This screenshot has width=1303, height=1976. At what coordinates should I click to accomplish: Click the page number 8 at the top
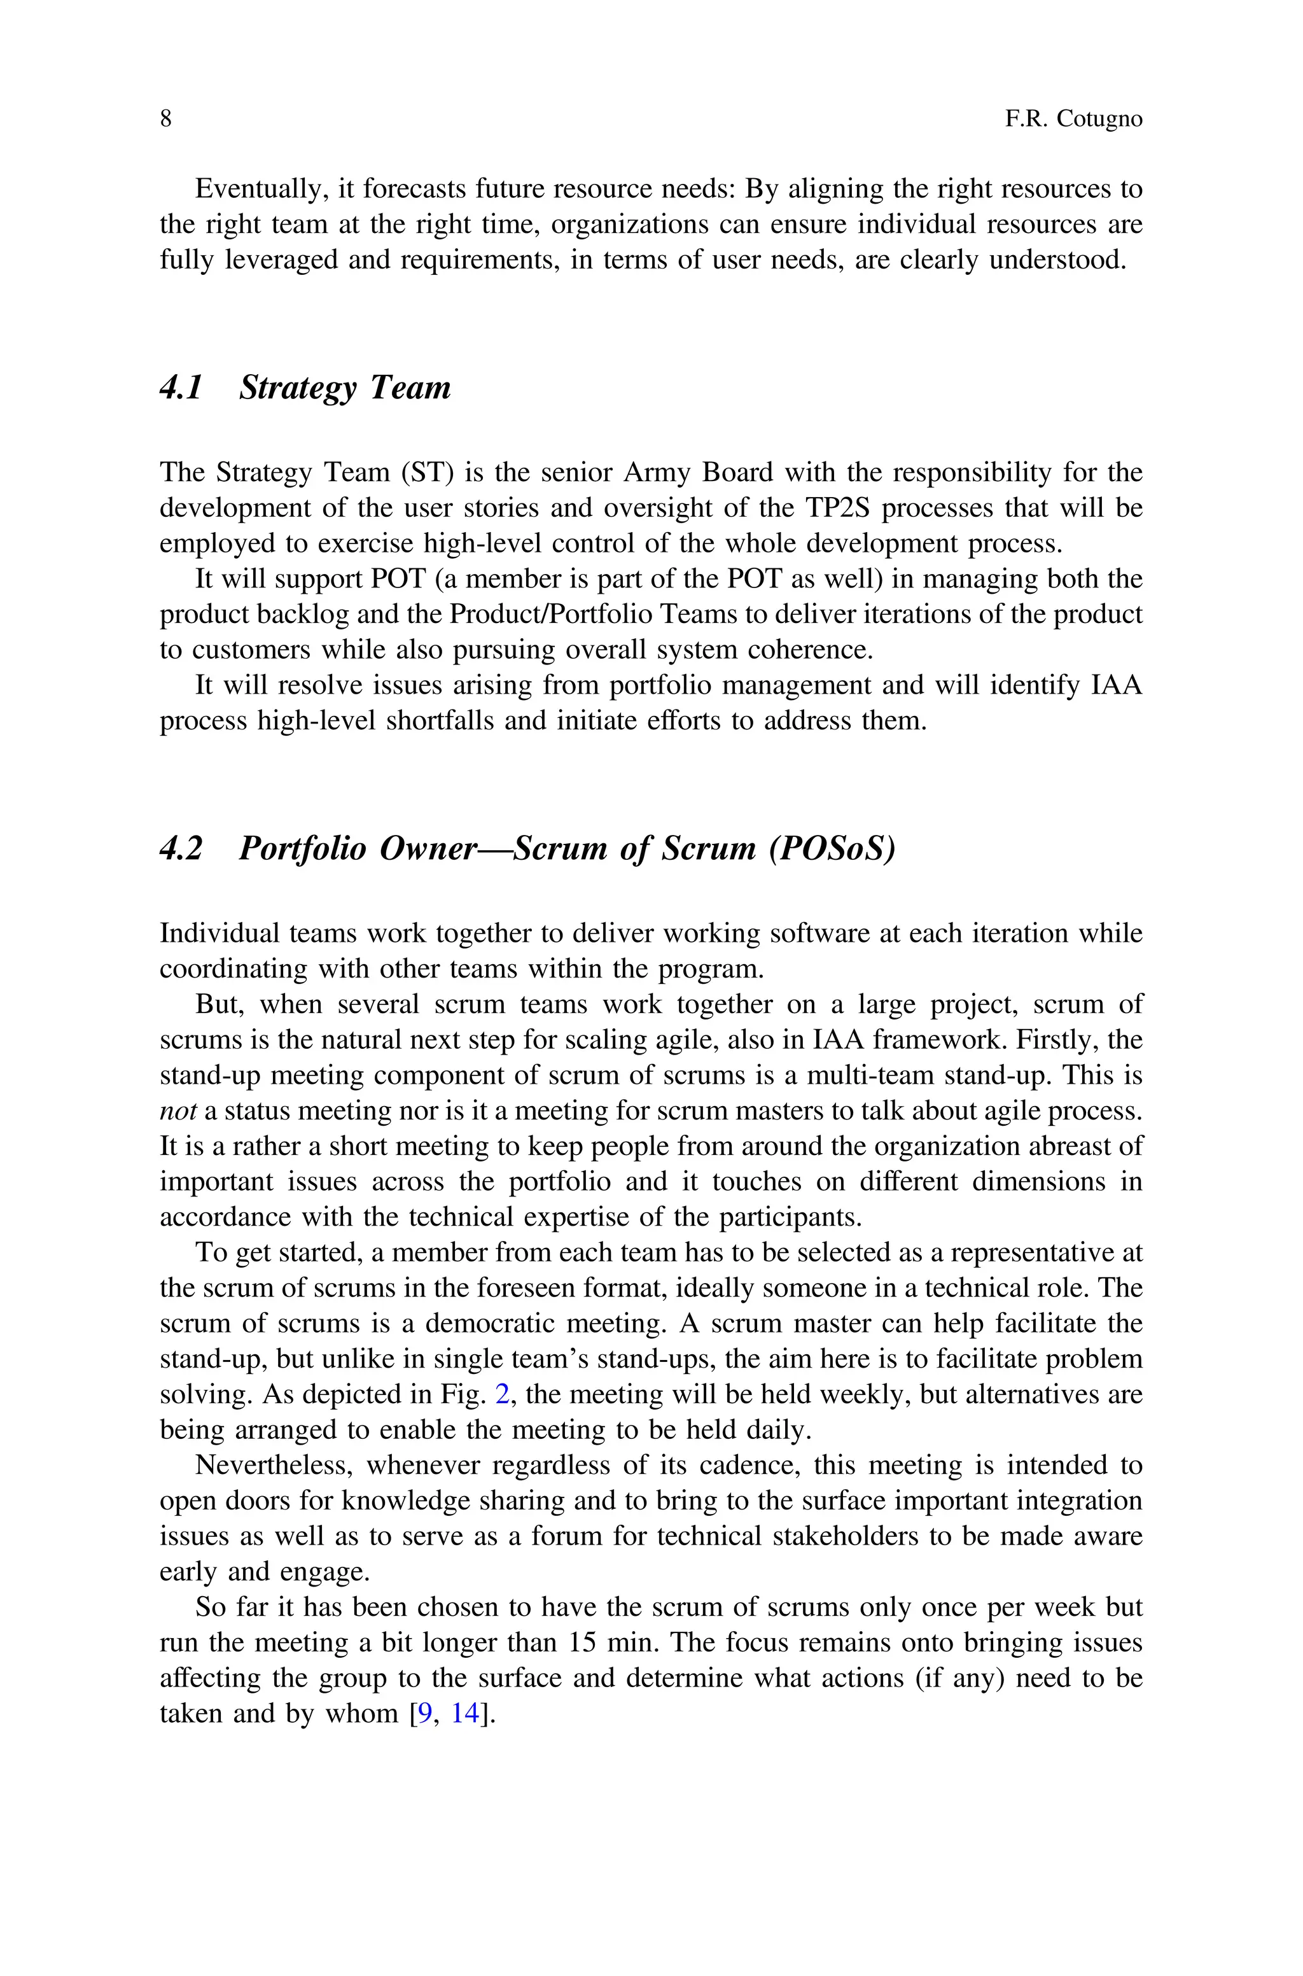pyautogui.click(x=165, y=120)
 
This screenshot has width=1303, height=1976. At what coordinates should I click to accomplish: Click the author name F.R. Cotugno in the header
pyautogui.click(x=1074, y=120)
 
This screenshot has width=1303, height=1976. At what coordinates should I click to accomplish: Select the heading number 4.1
pyautogui.click(x=181, y=388)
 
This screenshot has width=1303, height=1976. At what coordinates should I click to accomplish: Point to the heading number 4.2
pyautogui.click(x=181, y=848)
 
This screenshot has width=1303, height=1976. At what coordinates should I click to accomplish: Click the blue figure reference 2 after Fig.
pyautogui.click(x=502, y=1394)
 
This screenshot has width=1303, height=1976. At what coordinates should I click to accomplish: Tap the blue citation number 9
pyautogui.click(x=424, y=1713)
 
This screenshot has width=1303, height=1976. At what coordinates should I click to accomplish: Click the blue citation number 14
pyautogui.click(x=465, y=1713)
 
